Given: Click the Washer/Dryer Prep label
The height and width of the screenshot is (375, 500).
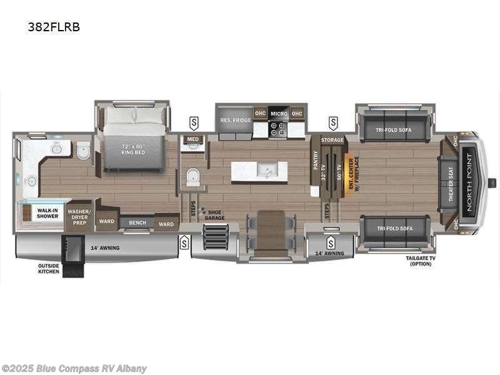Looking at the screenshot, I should (79, 216).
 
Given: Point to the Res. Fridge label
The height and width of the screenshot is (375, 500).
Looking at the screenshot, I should (234, 120).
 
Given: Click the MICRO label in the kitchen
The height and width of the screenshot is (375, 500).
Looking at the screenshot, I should (279, 114).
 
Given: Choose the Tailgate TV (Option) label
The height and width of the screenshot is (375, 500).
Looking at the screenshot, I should (419, 261).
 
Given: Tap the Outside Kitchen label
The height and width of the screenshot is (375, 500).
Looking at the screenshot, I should (48, 268).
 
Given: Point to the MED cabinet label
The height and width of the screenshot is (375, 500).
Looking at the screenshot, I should (193, 139).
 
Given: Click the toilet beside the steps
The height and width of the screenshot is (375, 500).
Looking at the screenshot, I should (193, 177).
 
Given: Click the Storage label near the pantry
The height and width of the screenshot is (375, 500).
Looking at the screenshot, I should (332, 140).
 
